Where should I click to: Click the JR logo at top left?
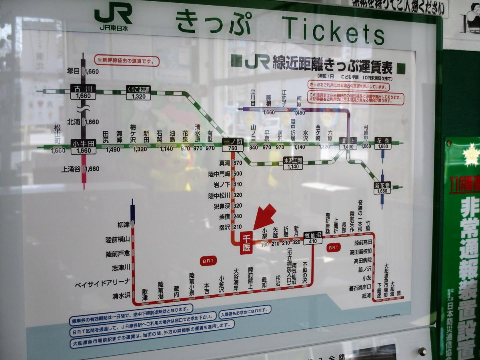tap(113, 16)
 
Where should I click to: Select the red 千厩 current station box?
tap(246, 243)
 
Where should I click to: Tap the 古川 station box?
tap(83, 92)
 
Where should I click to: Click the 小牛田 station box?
tap(83, 147)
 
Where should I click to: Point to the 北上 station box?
tap(347, 143)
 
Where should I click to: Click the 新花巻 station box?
tap(382, 188)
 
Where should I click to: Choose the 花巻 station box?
tap(383, 143)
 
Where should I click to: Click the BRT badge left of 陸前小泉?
tap(208, 260)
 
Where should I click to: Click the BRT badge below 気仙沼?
tap(333, 248)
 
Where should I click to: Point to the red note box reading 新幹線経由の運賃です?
tap(127, 61)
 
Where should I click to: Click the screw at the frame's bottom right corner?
tap(422, 351)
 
